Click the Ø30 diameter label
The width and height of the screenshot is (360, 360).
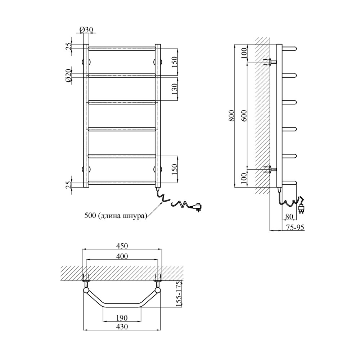[86, 30]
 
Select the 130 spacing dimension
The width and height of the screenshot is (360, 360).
[175, 88]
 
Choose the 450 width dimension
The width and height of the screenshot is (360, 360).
[122, 246]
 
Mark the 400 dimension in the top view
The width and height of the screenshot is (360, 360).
[122, 256]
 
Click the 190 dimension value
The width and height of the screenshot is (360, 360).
[122, 318]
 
